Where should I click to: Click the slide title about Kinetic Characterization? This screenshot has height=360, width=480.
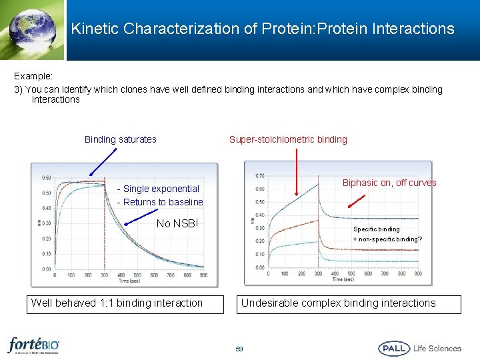pyautogui.click(x=263, y=29)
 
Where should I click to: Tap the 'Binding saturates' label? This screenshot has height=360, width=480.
pyautogui.click(x=121, y=139)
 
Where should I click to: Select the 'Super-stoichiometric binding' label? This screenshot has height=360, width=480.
pyautogui.click(x=288, y=139)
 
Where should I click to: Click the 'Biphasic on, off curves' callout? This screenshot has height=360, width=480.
pyautogui.click(x=389, y=183)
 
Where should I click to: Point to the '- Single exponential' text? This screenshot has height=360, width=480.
pyautogui.click(x=158, y=189)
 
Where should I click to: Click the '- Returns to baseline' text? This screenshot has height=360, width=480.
pyautogui.click(x=160, y=202)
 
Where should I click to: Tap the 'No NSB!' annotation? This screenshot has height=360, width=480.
pyautogui.click(x=177, y=223)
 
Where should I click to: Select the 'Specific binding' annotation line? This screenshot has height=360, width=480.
pyautogui.click(x=377, y=229)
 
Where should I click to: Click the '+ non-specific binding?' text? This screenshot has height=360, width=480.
pyautogui.click(x=387, y=239)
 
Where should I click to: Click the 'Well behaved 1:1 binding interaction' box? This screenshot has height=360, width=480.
pyautogui.click(x=117, y=303)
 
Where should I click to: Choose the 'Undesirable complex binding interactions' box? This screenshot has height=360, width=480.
pyautogui.click(x=338, y=303)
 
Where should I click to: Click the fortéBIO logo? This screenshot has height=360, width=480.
pyautogui.click(x=34, y=346)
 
